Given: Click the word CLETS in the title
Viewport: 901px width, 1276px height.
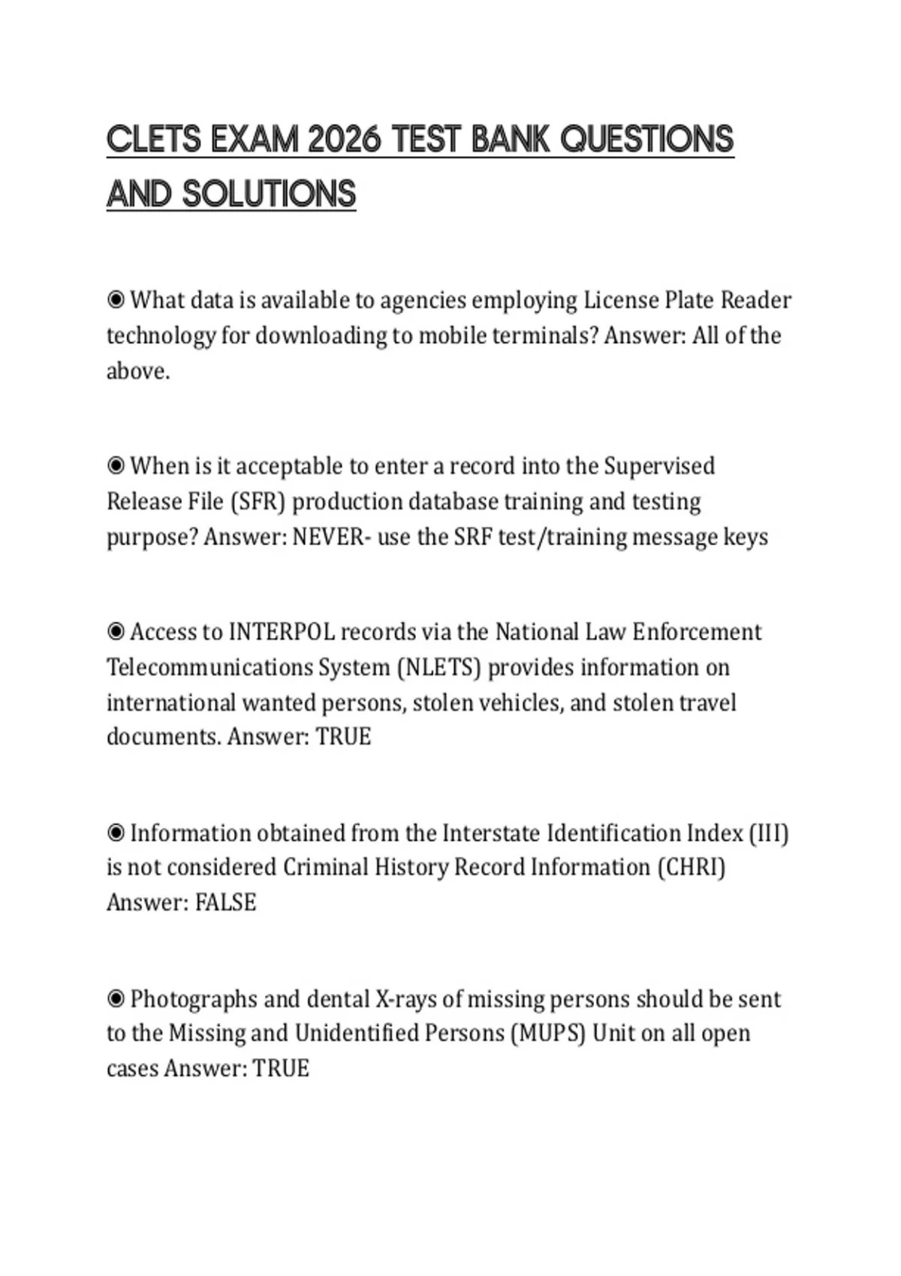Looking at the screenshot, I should tap(154, 140).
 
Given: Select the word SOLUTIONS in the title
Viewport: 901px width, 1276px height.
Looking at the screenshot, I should tap(269, 194).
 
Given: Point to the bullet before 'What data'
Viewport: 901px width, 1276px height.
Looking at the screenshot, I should tap(116, 300).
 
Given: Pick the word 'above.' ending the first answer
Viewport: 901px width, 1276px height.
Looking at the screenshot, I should tap(138, 371).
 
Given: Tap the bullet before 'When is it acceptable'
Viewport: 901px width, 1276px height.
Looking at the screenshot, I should tap(116, 466).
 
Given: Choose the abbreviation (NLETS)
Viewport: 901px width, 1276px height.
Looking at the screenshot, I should tap(438, 667).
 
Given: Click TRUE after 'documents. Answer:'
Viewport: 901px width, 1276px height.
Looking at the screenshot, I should tap(343, 736).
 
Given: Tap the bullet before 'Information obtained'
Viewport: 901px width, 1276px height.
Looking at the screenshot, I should tap(116, 833).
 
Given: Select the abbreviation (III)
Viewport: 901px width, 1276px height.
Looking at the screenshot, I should tap(768, 833).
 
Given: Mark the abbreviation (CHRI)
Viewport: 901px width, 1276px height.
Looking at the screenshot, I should tap(692, 868).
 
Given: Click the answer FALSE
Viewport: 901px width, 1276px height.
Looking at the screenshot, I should tap(225, 902).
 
